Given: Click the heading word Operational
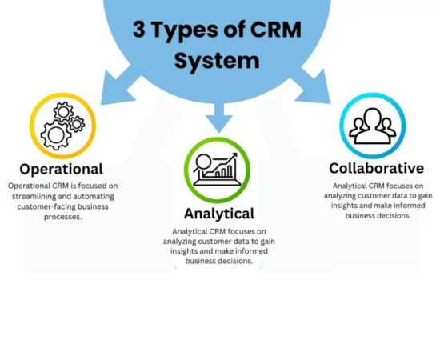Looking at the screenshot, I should (x=61, y=169).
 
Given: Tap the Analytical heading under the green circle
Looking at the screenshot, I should (x=218, y=214).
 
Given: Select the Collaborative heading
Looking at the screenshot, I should (x=376, y=168).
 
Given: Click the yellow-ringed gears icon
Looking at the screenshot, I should (x=62, y=126).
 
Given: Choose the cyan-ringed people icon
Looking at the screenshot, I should (x=373, y=126).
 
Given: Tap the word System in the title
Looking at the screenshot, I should (x=217, y=61).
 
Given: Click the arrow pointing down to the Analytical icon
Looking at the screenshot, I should (x=218, y=120).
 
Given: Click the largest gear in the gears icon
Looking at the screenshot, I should (x=54, y=134).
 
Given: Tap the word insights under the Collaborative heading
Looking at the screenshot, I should (x=344, y=206).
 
